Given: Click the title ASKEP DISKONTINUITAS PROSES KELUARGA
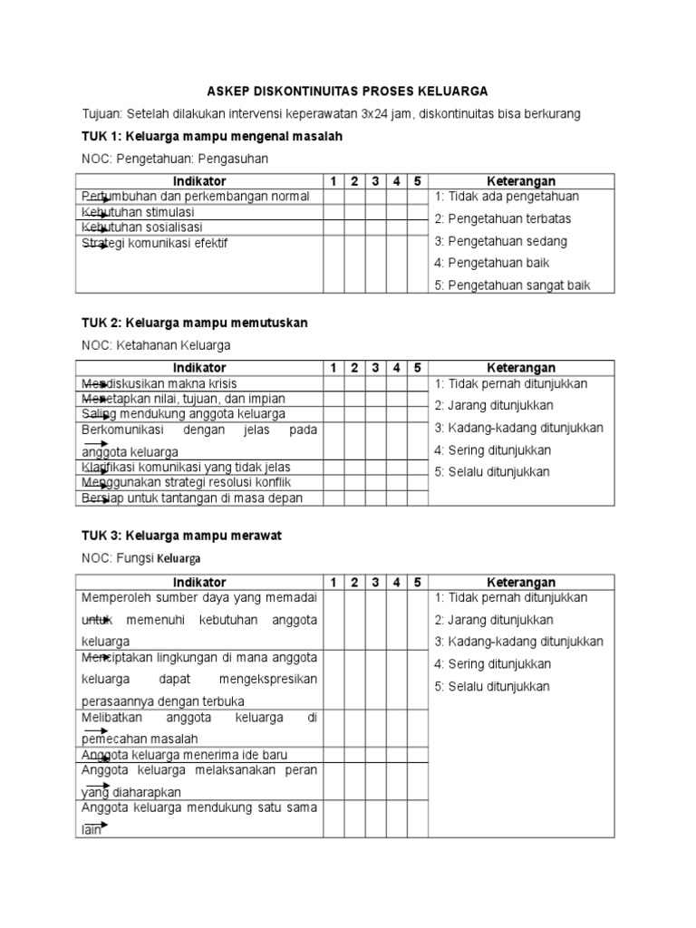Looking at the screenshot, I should (348, 92).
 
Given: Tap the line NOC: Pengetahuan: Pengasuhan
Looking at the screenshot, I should (176, 159).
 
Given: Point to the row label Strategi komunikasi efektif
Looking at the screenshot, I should (155, 243).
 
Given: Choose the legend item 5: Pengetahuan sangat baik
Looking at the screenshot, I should (513, 285).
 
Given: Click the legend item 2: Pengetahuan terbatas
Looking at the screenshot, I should (503, 219).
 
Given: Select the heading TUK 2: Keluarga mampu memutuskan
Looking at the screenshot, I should (195, 324).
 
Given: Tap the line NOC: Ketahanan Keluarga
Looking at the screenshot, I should (156, 345).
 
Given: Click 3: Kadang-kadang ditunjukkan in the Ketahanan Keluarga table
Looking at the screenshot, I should (518, 428).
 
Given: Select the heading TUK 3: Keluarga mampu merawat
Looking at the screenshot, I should (182, 536).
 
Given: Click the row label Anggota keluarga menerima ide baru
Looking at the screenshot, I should (185, 754).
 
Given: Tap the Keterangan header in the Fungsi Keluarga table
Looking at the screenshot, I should (521, 583).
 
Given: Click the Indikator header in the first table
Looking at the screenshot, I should (199, 181).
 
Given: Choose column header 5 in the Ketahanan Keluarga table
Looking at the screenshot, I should (417, 368).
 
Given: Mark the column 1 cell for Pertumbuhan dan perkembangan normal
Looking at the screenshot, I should (333, 197).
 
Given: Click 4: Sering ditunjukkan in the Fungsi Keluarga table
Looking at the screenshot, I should (492, 664).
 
